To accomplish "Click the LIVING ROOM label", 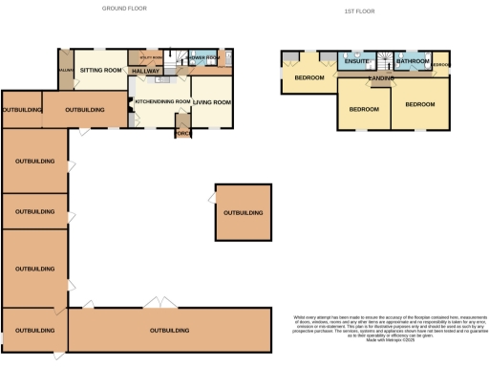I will click(x=212, y=101).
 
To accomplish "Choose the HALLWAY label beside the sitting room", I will click(x=145, y=71).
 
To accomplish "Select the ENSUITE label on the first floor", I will click(x=357, y=62).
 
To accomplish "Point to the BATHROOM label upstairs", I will click(x=413, y=62).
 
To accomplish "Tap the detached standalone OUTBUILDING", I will click(x=243, y=212).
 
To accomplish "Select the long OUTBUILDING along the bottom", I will click(x=169, y=331).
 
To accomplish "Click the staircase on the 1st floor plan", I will click(x=387, y=59).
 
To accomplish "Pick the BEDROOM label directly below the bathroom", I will click(x=420, y=103).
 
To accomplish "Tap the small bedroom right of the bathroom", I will click(x=440, y=64).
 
